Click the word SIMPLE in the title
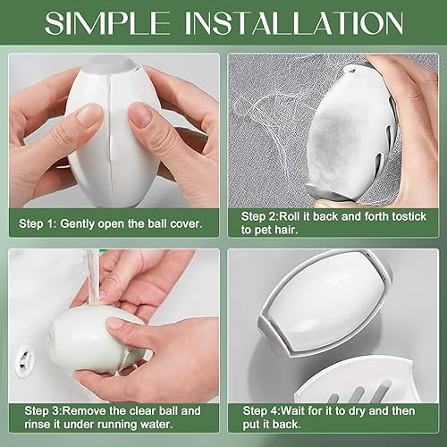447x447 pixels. (107, 23)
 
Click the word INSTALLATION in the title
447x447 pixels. (294, 23)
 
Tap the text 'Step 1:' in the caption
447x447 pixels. (38, 223)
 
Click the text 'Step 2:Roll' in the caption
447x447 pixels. (271, 216)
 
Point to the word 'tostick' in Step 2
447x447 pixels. (409, 216)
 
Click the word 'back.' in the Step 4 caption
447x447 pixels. (285, 424)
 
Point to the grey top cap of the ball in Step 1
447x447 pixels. (112, 65)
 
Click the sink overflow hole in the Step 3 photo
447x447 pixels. (25, 360)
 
